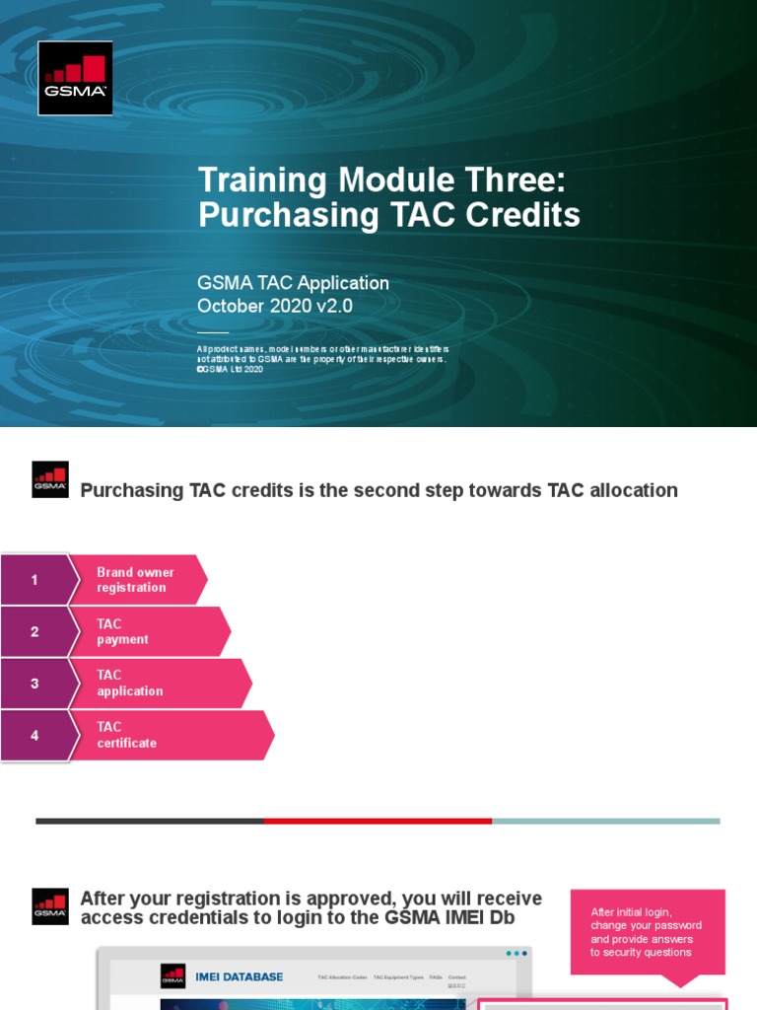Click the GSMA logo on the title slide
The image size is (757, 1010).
pyautogui.click(x=75, y=78)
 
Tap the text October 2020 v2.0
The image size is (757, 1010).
pyautogui.click(x=274, y=306)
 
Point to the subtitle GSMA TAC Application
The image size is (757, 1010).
pyautogui.click(x=293, y=283)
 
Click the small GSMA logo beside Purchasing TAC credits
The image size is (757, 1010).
pyautogui.click(x=50, y=479)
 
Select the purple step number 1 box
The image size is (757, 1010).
pyautogui.click(x=35, y=580)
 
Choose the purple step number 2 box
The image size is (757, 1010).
pyautogui.click(x=35, y=631)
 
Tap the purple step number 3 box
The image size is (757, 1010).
pyautogui.click(x=35, y=684)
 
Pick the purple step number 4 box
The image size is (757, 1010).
pyautogui.click(x=35, y=736)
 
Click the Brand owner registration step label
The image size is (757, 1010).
pyautogui.click(x=135, y=580)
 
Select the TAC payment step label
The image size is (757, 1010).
pyautogui.click(x=122, y=631)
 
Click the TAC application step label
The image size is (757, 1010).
pyautogui.click(x=129, y=684)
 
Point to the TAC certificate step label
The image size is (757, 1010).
pyautogui.click(x=126, y=736)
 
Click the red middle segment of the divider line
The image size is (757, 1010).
pyautogui.click(x=378, y=821)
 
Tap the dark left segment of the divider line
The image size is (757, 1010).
pyautogui.click(x=149, y=821)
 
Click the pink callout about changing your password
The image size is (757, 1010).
pyautogui.click(x=647, y=932)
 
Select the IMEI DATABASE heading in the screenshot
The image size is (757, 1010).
pyautogui.click(x=239, y=977)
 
